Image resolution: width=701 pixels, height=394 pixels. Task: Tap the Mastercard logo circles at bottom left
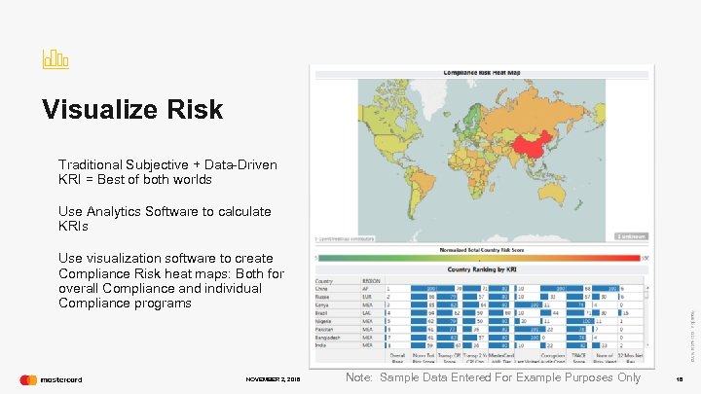(x=28, y=379)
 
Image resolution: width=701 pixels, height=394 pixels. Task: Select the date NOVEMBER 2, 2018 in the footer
(x=274, y=379)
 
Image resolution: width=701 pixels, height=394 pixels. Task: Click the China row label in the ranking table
(x=322, y=289)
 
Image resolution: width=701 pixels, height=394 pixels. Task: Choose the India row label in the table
(x=321, y=344)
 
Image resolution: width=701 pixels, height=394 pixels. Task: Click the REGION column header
(x=371, y=280)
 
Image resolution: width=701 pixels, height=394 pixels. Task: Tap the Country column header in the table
(x=324, y=280)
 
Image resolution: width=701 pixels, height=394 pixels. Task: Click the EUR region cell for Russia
(x=369, y=297)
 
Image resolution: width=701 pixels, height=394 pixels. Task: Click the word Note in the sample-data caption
(x=358, y=377)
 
